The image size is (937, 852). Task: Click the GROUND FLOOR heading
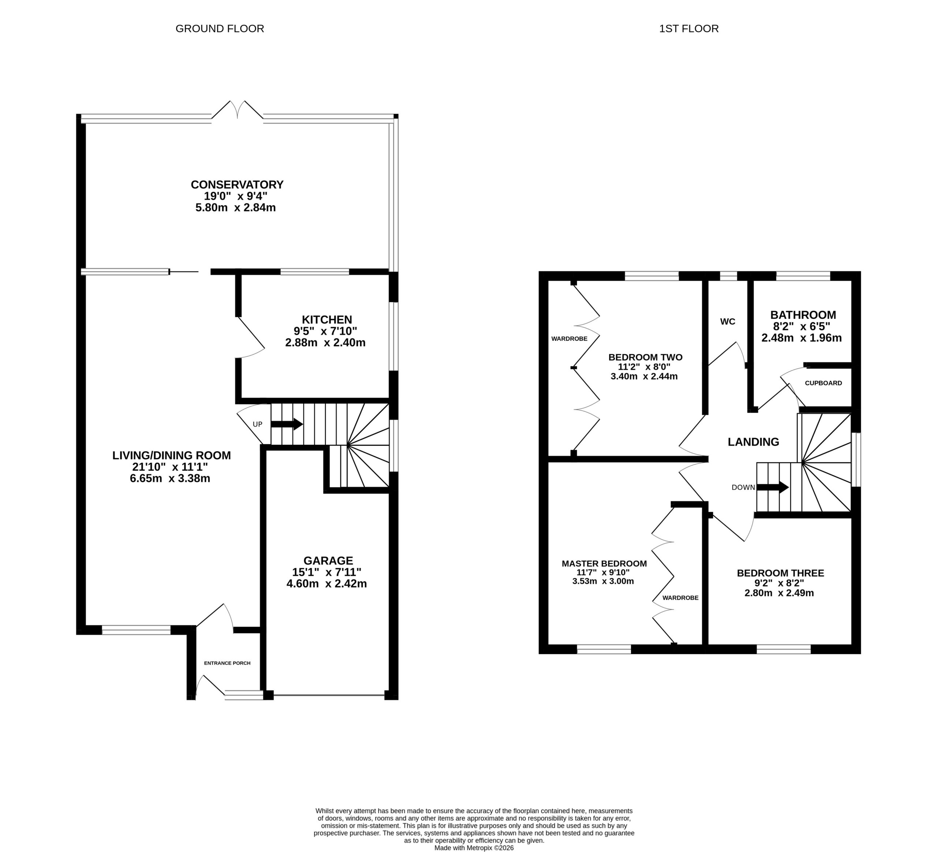click(220, 29)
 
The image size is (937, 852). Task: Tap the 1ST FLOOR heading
click(689, 29)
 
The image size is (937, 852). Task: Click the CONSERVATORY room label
click(237, 184)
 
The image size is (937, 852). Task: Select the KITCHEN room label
click(327, 320)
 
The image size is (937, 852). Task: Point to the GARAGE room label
click(328, 561)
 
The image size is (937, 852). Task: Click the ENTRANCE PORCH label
click(227, 663)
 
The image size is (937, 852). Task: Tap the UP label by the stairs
click(257, 424)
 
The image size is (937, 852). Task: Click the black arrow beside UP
click(287, 424)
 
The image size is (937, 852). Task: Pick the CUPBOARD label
click(823, 383)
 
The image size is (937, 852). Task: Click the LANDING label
click(753, 442)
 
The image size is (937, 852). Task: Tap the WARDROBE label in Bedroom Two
click(570, 339)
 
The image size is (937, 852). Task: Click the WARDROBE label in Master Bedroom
click(680, 598)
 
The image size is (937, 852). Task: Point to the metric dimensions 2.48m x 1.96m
click(801, 338)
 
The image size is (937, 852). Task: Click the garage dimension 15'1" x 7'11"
click(327, 572)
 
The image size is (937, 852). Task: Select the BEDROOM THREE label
click(780, 573)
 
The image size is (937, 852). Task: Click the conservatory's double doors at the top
click(238, 110)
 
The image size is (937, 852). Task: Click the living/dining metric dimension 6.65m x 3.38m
click(170, 478)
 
